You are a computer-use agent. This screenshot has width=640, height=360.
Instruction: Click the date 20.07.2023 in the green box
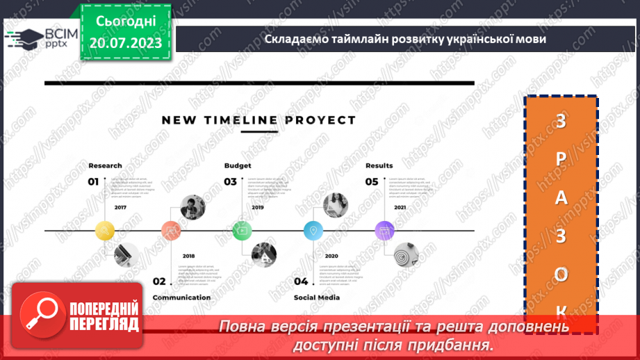[126, 43]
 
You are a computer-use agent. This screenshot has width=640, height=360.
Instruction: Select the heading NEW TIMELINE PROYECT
[259, 120]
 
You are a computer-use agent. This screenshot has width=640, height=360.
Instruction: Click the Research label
[105, 165]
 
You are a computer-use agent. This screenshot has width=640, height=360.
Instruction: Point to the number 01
[94, 182]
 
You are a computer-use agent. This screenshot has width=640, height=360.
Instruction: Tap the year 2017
[121, 207]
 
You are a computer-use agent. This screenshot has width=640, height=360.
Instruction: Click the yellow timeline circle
[104, 230]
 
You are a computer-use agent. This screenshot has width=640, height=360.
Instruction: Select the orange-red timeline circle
[171, 230]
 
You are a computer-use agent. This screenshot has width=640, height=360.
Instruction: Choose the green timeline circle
[242, 230]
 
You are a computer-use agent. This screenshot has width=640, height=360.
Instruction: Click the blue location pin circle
[313, 230]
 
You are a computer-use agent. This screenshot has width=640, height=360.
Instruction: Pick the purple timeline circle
[384, 230]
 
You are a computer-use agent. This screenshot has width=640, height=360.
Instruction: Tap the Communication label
[181, 297]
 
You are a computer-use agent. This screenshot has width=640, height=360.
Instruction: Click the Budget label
[238, 165]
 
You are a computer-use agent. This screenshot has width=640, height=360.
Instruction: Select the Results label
[379, 165]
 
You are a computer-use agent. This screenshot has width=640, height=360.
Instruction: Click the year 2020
[331, 255]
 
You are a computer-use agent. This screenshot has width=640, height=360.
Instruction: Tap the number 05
[372, 182]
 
